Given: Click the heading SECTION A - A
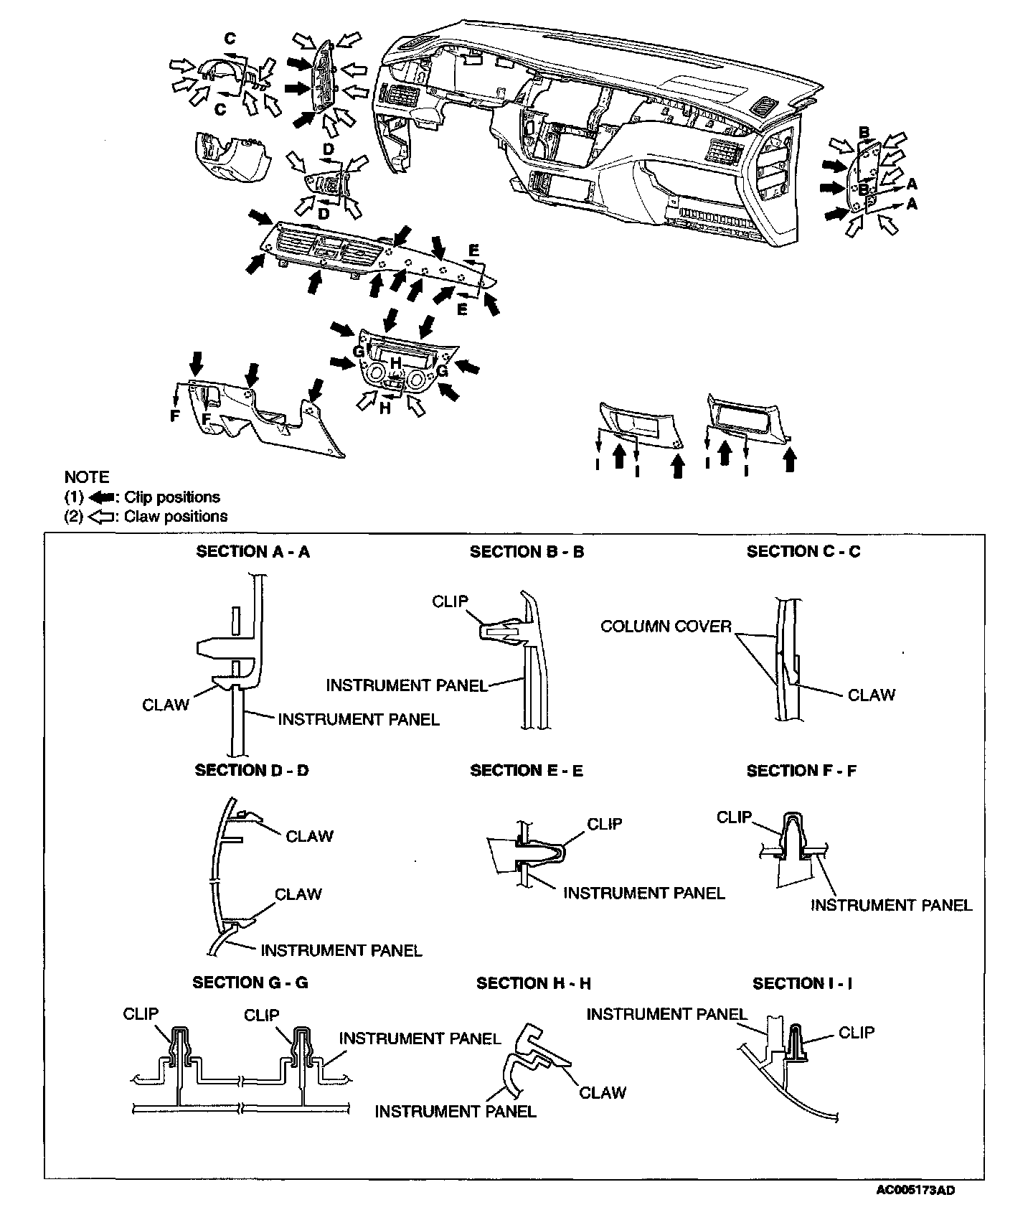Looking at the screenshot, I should pyautogui.click(x=253, y=552).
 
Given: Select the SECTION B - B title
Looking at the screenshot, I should pyautogui.click(x=527, y=552).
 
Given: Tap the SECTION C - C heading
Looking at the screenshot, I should pyautogui.click(x=803, y=552).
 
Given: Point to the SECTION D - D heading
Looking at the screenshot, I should pyautogui.click(x=252, y=770).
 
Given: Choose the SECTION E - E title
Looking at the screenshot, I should pyautogui.click(x=527, y=771).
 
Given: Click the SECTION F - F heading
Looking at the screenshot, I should pyautogui.click(x=802, y=771).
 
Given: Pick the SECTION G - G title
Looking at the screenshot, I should pyautogui.click(x=250, y=982).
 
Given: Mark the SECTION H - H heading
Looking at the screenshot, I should pyautogui.click(x=534, y=983).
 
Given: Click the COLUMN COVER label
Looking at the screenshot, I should pyautogui.click(x=665, y=627).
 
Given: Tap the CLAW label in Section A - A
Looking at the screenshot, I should pyautogui.click(x=166, y=705).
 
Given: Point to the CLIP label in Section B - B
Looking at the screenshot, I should pyautogui.click(x=450, y=601).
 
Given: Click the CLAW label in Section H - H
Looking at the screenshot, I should pyautogui.click(x=603, y=1092).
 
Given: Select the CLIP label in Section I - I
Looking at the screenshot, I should pyautogui.click(x=857, y=1032).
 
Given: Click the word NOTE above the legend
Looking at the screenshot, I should pyautogui.click(x=87, y=477).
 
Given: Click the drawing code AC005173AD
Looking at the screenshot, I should pyautogui.click(x=915, y=1191).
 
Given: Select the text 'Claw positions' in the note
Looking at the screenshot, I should pyautogui.click(x=176, y=517).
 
